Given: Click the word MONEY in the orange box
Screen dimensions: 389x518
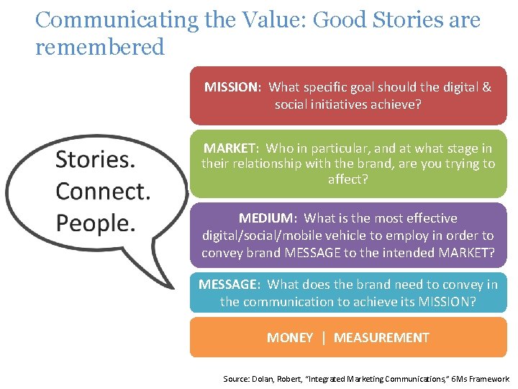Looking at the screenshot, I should [x=290, y=338].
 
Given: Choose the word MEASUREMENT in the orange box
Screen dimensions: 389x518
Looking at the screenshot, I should [x=381, y=338].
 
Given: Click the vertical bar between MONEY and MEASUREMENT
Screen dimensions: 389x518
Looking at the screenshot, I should [x=324, y=338].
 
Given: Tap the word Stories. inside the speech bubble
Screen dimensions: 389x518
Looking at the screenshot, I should [x=95, y=159].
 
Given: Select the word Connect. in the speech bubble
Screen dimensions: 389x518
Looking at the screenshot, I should [x=103, y=191].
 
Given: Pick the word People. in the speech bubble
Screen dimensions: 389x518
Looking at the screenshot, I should [x=95, y=223].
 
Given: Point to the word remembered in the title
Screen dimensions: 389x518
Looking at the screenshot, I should [x=99, y=48].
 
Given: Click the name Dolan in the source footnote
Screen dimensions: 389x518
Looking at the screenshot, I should [x=263, y=379].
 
